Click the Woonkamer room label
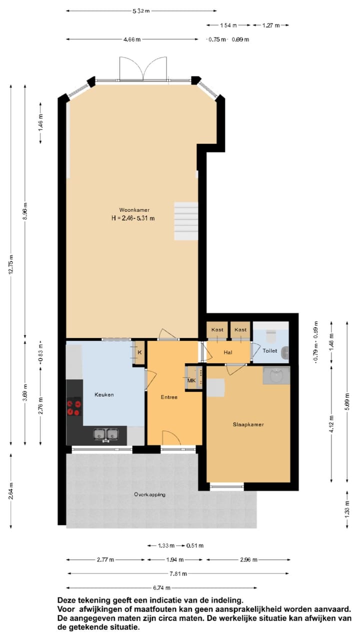click(134, 210)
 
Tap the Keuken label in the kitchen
click(104, 394)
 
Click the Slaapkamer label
click(248, 424)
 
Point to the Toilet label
click(270, 351)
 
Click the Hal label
click(228, 352)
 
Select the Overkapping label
click(149, 494)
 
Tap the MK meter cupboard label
click(191, 381)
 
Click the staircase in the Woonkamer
click(186, 221)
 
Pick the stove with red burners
click(74, 406)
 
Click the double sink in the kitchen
click(106, 434)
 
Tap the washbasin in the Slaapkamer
click(276, 375)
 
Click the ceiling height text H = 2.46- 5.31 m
click(133, 218)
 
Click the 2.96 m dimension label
click(248, 559)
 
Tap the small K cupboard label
click(139, 352)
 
